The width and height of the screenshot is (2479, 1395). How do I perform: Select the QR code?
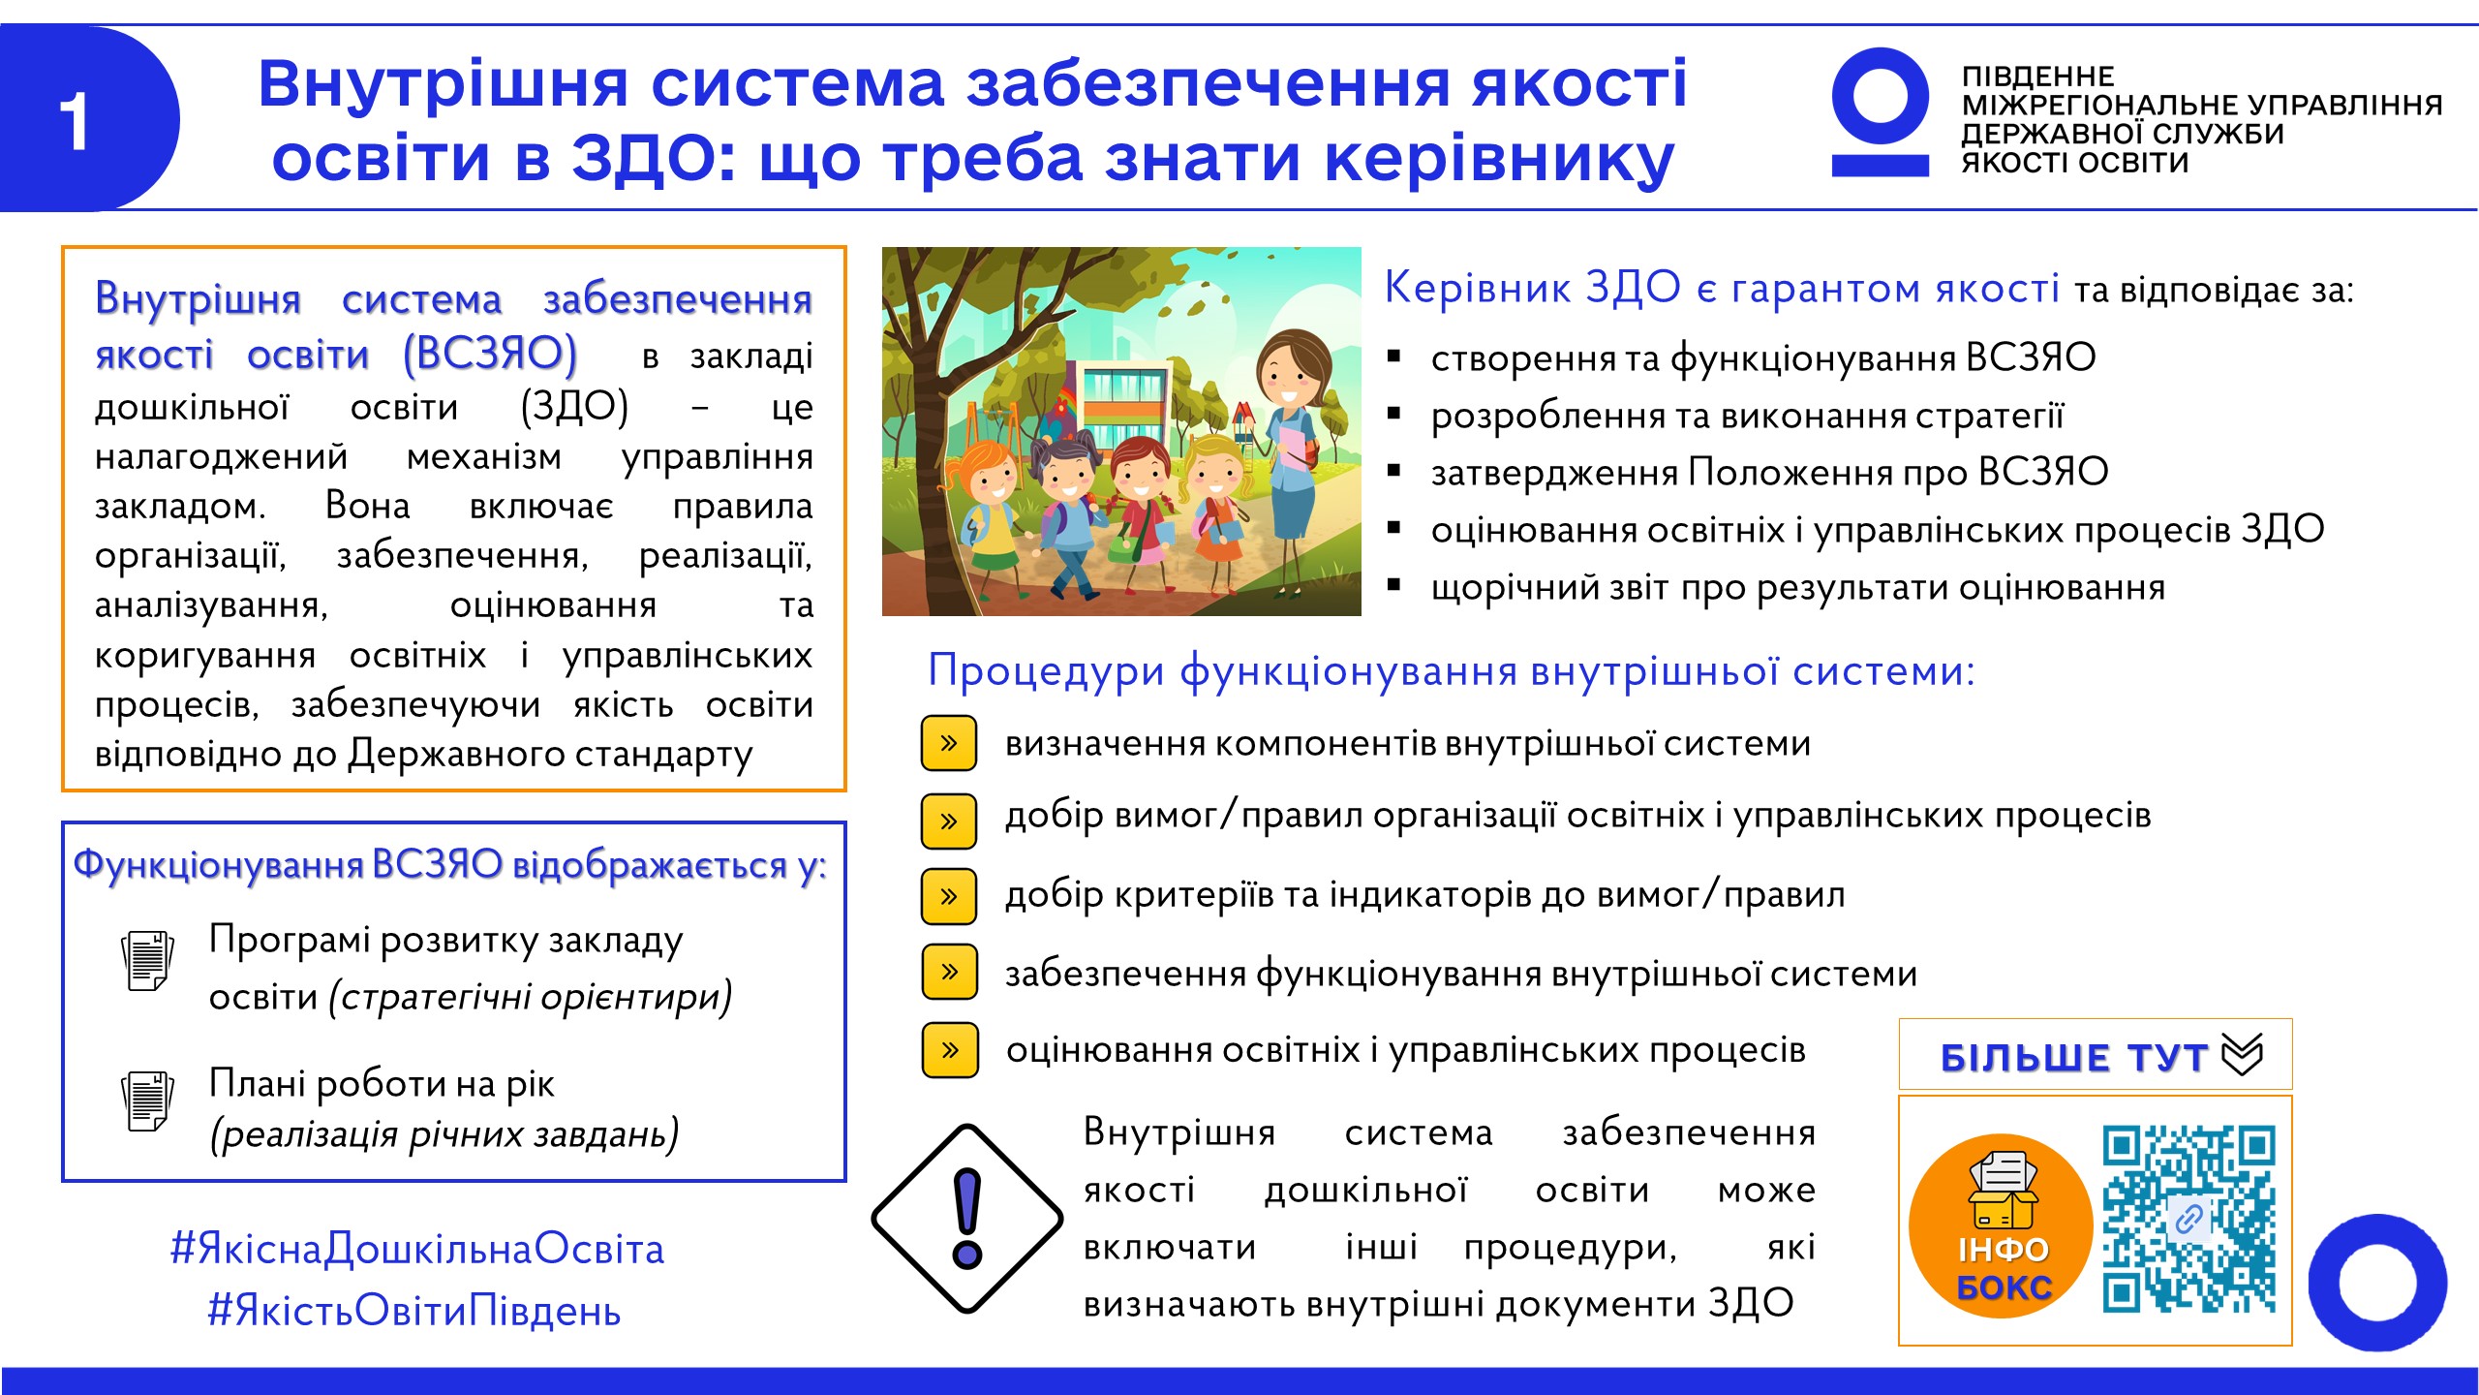point(2188,1218)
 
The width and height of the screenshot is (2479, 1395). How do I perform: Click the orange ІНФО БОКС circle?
point(2001,1225)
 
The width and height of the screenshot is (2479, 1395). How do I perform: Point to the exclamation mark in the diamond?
point(967,1218)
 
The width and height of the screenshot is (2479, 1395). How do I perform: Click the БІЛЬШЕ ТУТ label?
point(2074,1057)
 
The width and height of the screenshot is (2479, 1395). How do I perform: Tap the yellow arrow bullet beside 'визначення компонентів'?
point(949,743)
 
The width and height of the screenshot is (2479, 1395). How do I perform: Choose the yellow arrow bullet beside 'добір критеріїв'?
point(949,896)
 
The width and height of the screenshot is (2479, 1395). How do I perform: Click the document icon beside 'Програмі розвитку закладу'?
point(147,960)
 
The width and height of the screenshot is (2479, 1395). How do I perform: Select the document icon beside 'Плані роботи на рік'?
point(147,1100)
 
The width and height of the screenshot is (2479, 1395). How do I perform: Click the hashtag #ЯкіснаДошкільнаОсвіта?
point(417,1249)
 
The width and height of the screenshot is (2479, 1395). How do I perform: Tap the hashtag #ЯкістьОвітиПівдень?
point(414,1311)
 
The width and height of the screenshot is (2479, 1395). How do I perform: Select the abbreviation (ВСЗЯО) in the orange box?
point(490,354)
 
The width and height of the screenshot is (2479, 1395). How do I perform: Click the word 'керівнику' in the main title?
point(1499,159)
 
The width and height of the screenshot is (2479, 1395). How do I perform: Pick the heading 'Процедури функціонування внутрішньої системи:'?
point(1451,670)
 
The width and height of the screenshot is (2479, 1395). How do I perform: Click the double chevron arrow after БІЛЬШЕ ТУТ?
point(2242,1054)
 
